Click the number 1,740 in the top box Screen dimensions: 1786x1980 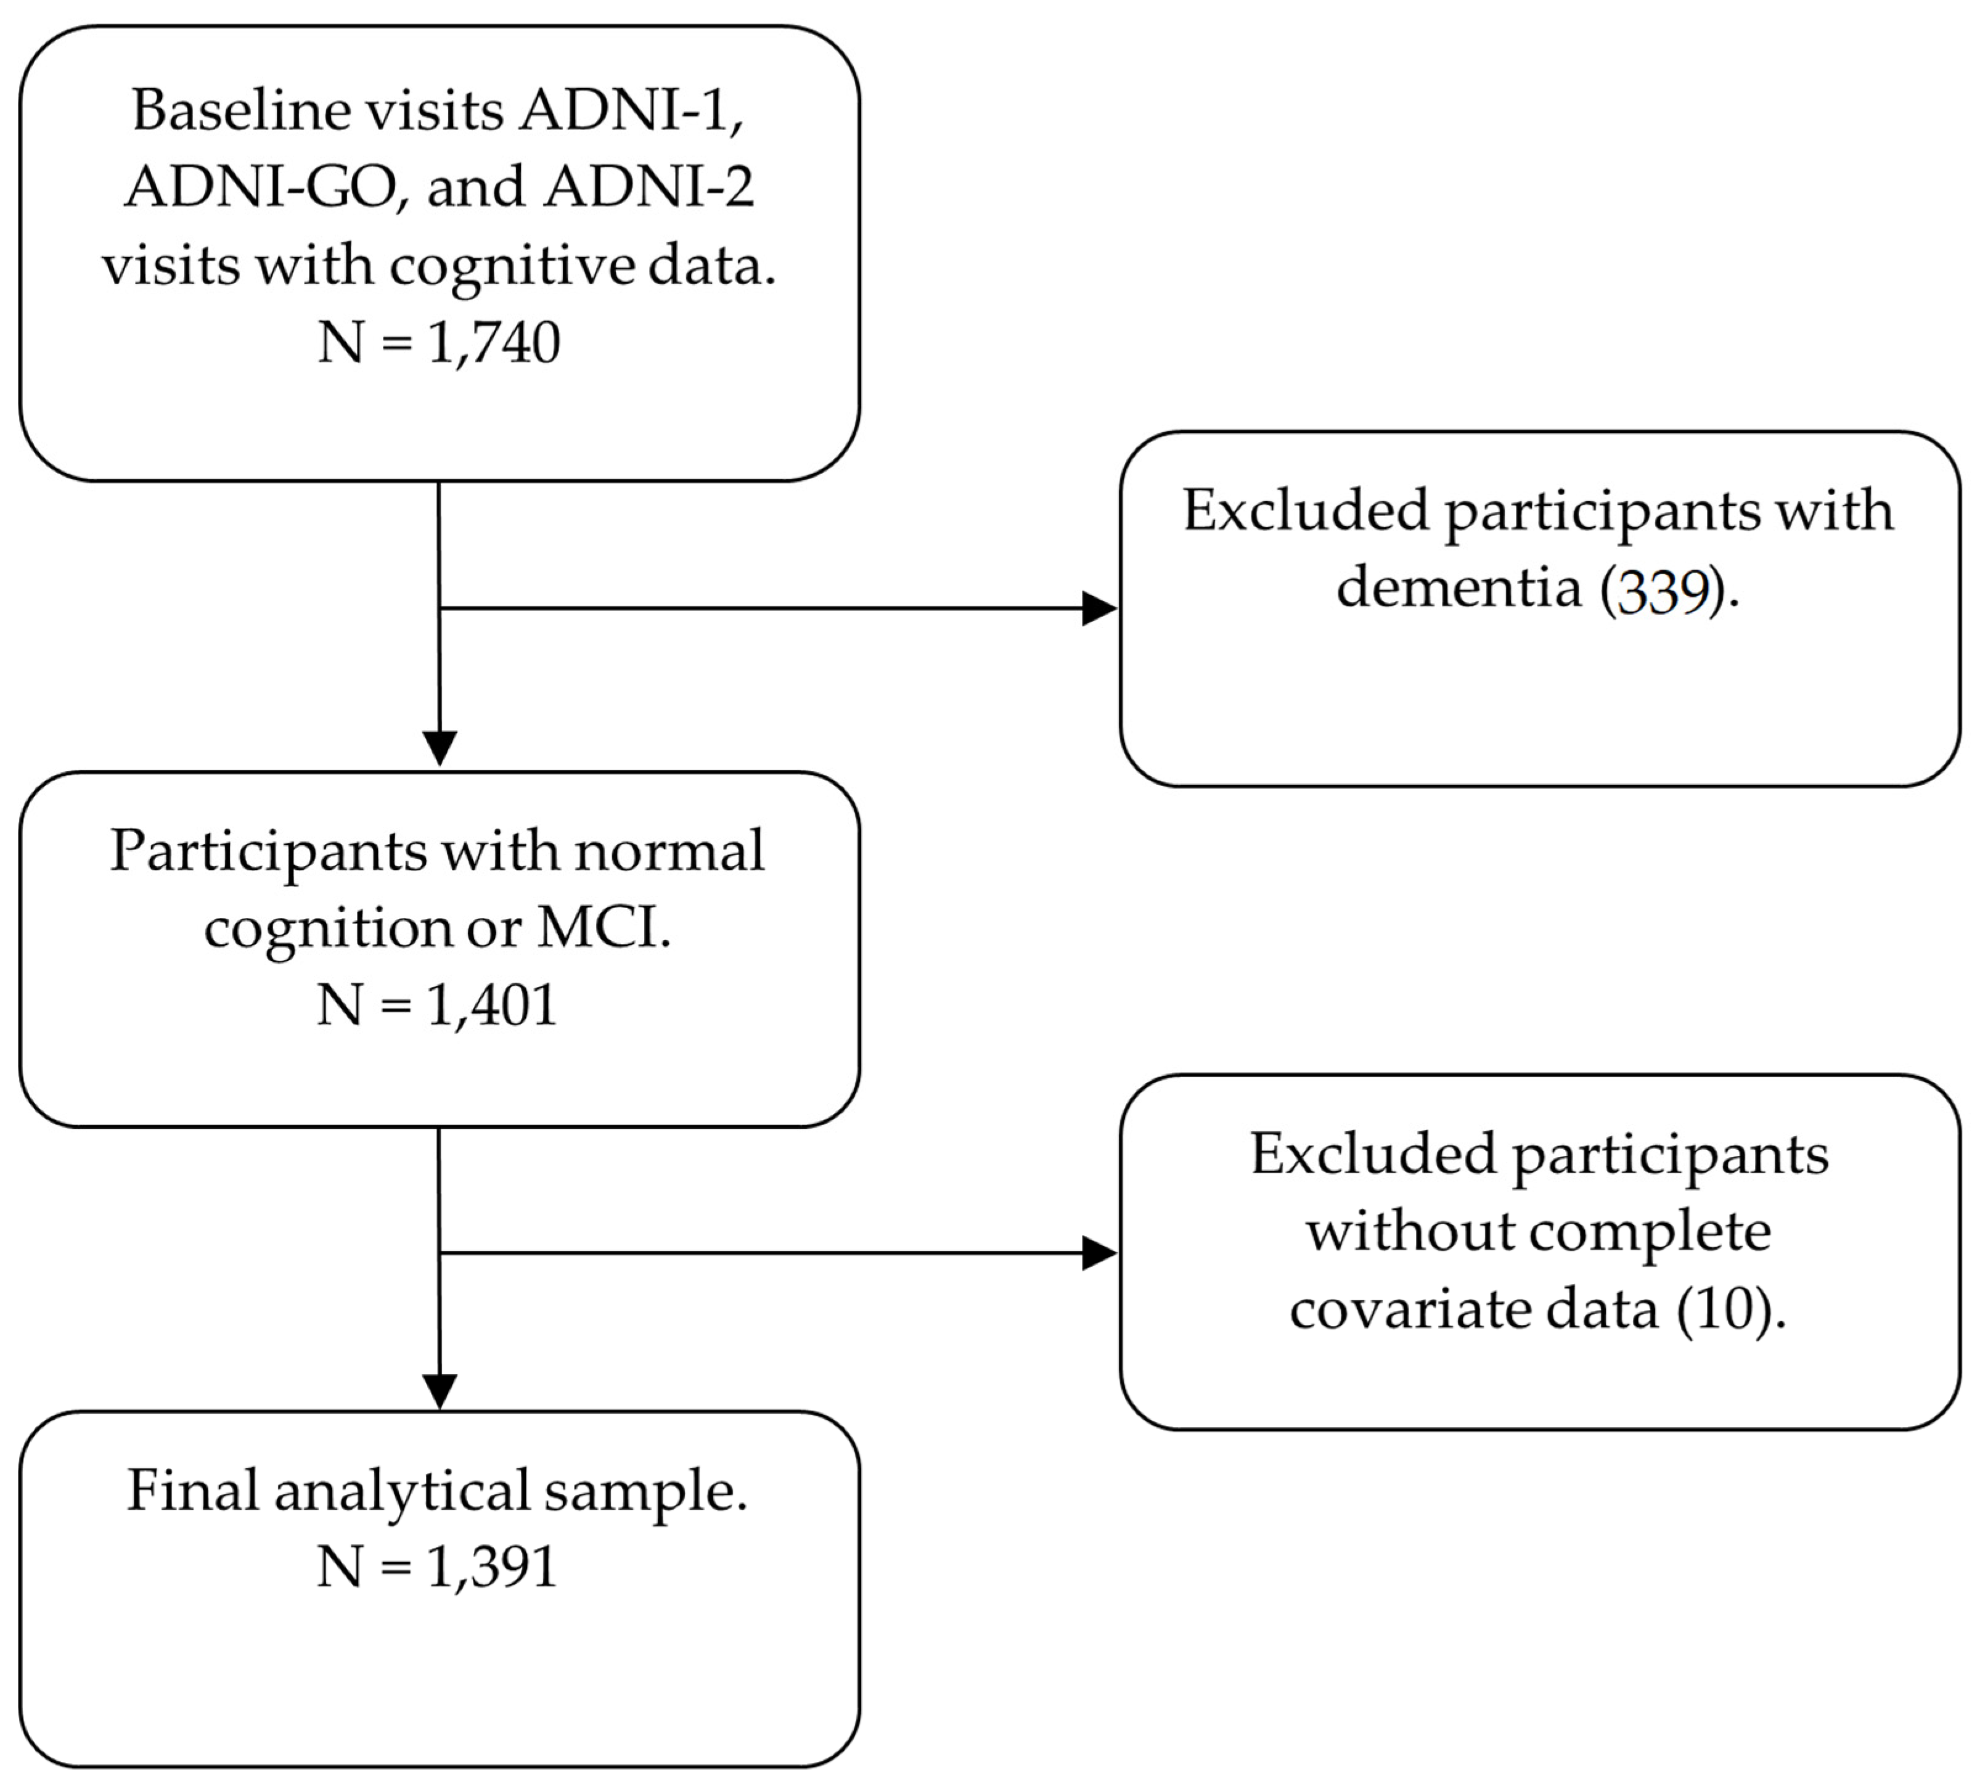pyautogui.click(x=494, y=343)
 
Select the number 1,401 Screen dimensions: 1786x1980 pyautogui.click(x=491, y=1006)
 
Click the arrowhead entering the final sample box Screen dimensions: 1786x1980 pyautogui.click(x=440, y=1391)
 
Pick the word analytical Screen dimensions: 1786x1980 pyautogui.click(x=403, y=1491)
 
